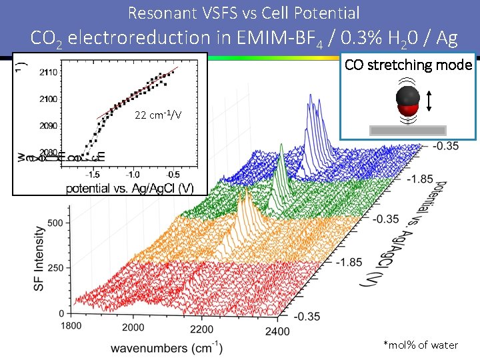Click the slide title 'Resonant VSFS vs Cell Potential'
pos(243,13)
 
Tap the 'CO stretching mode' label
pos(408,65)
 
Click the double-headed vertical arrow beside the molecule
pos(429,101)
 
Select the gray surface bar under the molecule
pos(409,130)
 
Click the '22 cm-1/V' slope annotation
pos(158,115)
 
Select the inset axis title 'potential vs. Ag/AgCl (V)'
pos(130,188)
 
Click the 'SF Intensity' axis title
pos(40,258)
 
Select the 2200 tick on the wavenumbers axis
pos(201,329)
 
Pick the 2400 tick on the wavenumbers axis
pos(276,331)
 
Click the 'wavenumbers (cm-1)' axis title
pos(167,348)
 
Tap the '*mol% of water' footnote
pos(421,345)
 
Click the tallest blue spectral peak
pos(311,99)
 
